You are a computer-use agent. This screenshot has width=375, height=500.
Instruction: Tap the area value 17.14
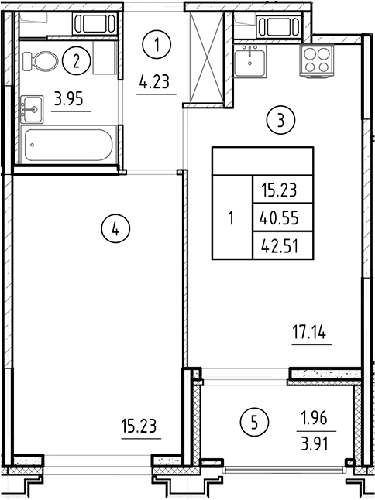coord(311,336)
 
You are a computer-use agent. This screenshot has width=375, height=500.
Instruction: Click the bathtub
coord(69,146)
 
